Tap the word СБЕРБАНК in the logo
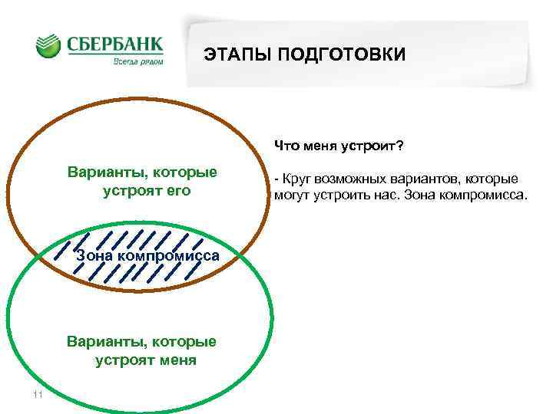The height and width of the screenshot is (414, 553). (x=115, y=43)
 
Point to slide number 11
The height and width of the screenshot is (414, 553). (x=37, y=395)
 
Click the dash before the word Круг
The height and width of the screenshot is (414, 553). (x=276, y=179)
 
